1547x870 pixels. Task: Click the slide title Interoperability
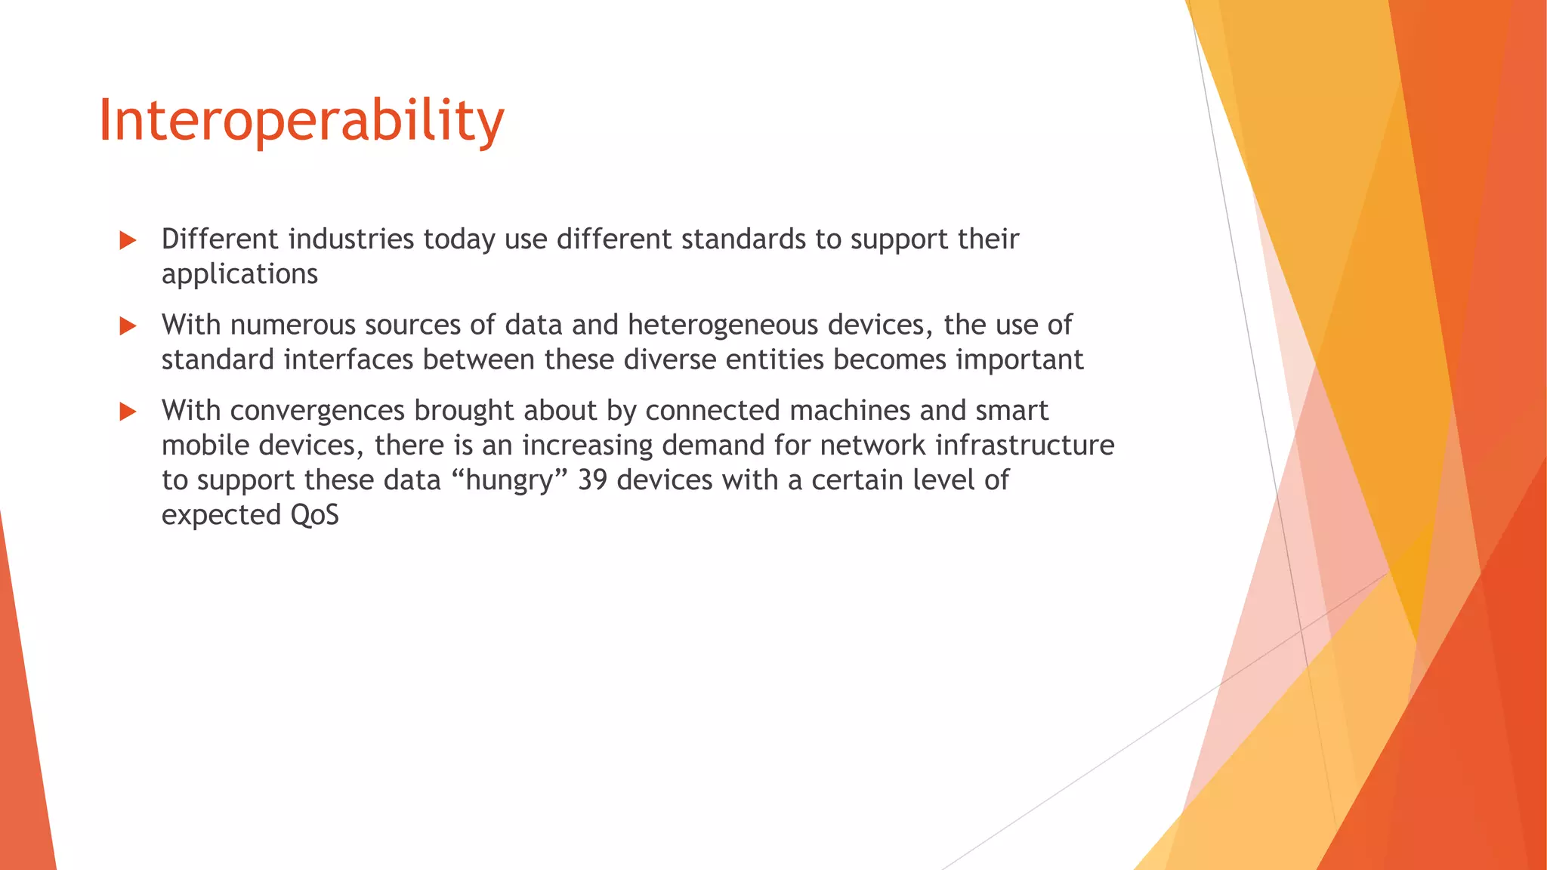click(301, 121)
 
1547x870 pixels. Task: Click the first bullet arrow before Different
click(128, 241)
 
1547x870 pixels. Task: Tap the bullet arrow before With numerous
click(128, 326)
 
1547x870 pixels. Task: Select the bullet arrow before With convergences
click(128, 412)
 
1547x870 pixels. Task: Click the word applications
click(239, 274)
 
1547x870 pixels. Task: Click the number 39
click(592, 480)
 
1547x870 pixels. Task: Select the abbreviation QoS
click(314, 515)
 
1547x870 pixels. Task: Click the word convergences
click(317, 411)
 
